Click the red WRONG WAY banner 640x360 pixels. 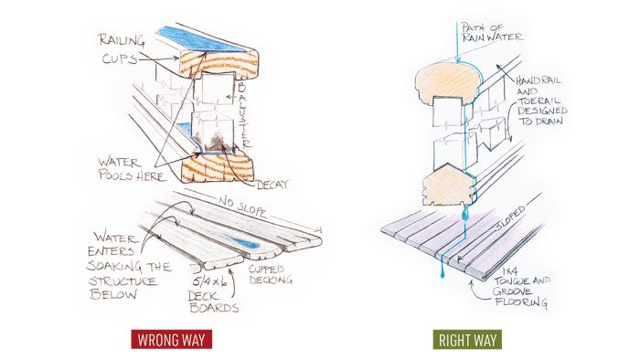tap(172, 339)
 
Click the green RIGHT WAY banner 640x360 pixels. tap(467, 340)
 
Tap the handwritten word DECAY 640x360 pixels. tap(272, 185)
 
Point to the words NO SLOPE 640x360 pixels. tap(243, 206)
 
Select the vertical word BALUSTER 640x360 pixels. tap(242, 114)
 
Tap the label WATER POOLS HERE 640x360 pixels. tap(132, 169)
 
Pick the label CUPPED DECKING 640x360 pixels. tap(271, 274)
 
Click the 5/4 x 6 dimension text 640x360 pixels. tap(209, 281)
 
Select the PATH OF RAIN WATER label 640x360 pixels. tap(492, 32)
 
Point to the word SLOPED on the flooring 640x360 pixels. tap(510, 220)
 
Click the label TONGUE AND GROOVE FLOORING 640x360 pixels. tap(521, 291)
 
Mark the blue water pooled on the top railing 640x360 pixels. tap(203, 39)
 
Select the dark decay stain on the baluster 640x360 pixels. tap(214, 143)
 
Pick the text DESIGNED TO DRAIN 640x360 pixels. tap(542, 115)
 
